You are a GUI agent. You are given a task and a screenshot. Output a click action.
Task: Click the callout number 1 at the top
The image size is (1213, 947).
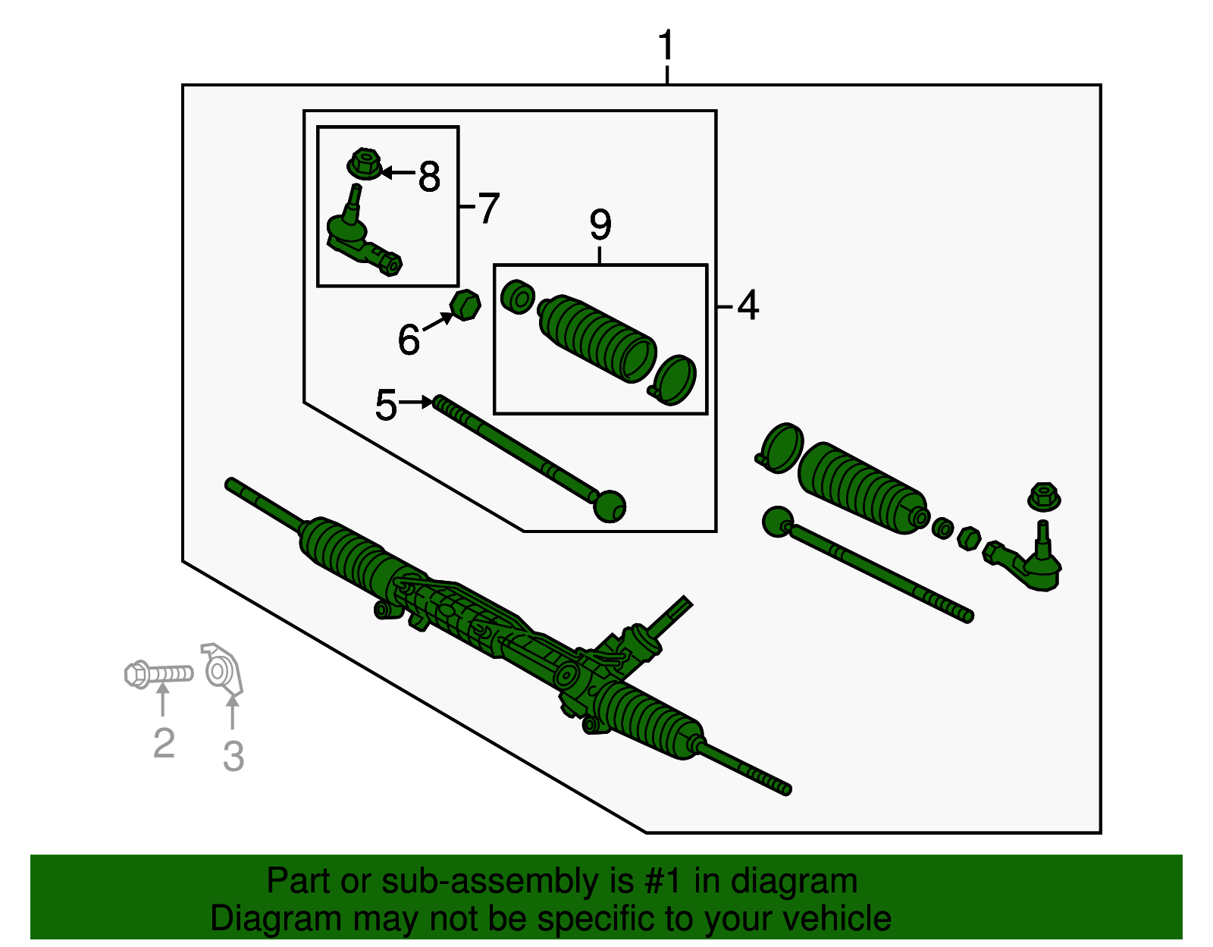(666, 46)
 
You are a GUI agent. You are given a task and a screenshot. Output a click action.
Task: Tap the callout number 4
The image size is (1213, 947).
(748, 306)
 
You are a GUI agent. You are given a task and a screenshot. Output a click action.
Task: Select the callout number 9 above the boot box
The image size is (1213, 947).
(600, 224)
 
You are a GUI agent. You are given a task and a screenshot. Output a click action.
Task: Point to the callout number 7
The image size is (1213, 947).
(489, 208)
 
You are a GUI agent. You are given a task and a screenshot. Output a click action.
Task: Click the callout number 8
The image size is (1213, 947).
(429, 177)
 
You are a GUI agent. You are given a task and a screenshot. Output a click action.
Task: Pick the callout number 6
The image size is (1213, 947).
(409, 339)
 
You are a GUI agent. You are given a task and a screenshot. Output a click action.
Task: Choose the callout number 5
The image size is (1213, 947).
(386, 405)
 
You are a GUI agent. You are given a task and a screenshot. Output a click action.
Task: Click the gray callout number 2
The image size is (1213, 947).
(164, 743)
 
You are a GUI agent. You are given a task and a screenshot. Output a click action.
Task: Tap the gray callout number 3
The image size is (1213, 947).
(234, 756)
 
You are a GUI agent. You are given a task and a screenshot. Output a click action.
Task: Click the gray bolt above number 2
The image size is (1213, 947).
(158, 673)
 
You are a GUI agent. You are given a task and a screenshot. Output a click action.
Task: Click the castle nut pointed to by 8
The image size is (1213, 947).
(365, 164)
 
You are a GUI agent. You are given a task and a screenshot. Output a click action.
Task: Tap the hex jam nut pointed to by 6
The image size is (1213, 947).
(465, 305)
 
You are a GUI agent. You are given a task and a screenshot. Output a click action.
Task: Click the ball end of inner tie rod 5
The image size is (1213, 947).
(610, 506)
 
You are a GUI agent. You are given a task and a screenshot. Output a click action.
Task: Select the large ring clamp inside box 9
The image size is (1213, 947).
(675, 380)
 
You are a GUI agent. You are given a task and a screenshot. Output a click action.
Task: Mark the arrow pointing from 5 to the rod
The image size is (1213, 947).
(416, 402)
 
